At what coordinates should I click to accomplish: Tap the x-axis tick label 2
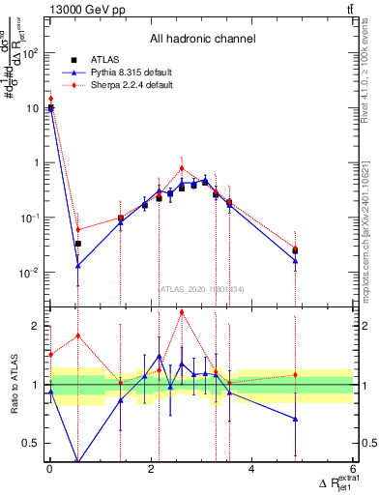[151, 471]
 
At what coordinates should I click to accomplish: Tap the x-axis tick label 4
[252, 471]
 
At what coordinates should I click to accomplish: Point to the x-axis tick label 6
[353, 471]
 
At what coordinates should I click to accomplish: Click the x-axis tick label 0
[49, 471]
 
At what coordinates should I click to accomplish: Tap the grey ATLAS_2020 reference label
[201, 288]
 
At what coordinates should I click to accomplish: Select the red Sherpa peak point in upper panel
[181, 168]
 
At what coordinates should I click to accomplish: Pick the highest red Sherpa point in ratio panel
[181, 312]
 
